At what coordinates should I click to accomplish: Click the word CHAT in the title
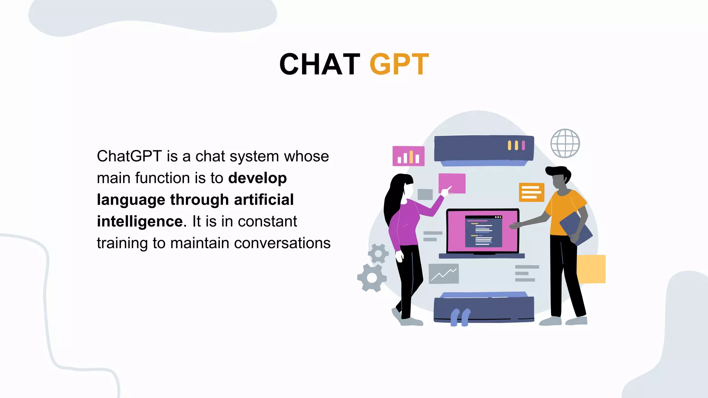pos(320,64)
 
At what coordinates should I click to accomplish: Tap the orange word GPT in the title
pos(399,64)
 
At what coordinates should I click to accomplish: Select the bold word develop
pos(257,178)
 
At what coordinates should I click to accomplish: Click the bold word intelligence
pos(140,221)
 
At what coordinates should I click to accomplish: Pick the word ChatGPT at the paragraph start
pos(129,157)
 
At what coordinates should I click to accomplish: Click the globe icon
pos(565,143)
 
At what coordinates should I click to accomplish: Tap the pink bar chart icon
pos(408,156)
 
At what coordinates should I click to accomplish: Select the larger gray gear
pos(372,278)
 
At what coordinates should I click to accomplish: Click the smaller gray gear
pos(378,254)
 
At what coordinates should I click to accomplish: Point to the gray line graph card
pos(444,274)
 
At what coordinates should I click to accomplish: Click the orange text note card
pos(531,192)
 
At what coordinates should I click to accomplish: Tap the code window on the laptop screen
pos(483,231)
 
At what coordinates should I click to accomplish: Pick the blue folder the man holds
pos(576,228)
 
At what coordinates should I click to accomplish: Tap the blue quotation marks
pos(460,317)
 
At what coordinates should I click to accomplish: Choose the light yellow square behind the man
pos(591,269)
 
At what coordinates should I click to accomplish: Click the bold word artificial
pos(264,200)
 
